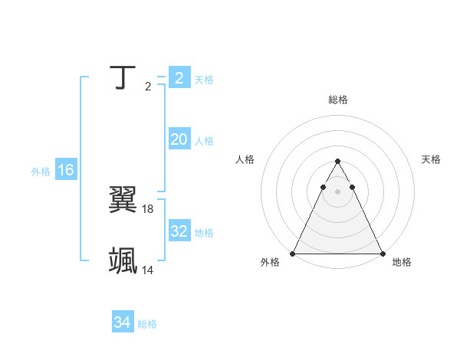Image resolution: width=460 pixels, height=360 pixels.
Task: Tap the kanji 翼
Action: tap(123, 201)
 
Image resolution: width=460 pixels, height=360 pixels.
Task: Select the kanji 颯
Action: tap(123, 261)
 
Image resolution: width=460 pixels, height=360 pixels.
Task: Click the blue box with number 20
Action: tap(179, 139)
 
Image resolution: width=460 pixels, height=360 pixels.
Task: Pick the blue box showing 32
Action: tap(179, 231)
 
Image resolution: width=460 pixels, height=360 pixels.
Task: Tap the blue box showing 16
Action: tap(66, 170)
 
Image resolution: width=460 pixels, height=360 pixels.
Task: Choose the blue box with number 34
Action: tap(123, 322)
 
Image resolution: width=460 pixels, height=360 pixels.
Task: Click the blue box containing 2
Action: tap(179, 78)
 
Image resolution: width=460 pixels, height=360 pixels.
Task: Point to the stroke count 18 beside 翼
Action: tap(148, 208)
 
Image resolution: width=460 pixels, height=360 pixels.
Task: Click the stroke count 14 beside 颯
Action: tap(148, 270)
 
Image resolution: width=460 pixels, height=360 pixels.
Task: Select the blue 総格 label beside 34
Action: tap(147, 324)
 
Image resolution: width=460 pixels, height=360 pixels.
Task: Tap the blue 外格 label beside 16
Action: tap(41, 172)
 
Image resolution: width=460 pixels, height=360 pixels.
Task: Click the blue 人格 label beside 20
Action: tap(204, 141)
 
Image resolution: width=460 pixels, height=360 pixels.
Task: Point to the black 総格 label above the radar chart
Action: tap(337, 100)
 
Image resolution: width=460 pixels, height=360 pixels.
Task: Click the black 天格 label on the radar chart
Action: tap(432, 159)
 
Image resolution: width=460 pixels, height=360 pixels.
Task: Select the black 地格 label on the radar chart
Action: tap(402, 262)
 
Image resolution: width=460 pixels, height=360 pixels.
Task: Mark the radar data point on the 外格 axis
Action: tap(293, 254)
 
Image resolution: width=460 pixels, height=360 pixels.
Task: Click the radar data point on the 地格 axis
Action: tap(382, 254)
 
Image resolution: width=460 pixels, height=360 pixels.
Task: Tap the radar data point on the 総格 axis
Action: tap(337, 162)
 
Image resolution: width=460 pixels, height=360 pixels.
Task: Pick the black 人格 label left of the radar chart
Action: tap(245, 159)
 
